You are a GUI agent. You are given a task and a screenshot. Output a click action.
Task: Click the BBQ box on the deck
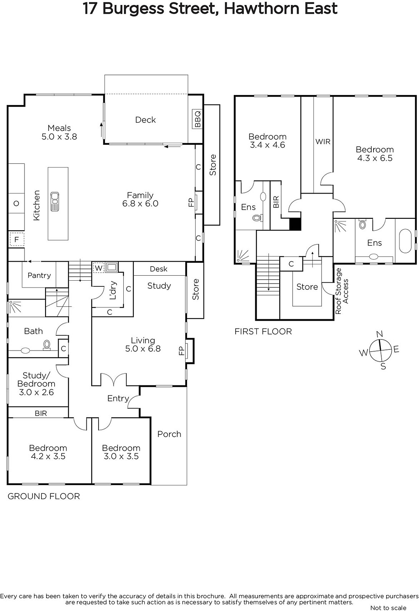197,119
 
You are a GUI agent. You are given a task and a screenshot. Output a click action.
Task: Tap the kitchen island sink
55,201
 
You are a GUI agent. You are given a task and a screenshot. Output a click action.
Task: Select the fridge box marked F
17,239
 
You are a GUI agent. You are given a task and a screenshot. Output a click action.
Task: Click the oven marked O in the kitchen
16,203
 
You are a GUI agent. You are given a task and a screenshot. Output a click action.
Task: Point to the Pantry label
39,275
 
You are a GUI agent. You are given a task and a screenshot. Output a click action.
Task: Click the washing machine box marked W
99,268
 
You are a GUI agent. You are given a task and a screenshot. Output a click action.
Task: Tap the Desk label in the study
159,269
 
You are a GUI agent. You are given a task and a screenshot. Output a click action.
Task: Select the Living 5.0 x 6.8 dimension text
143,348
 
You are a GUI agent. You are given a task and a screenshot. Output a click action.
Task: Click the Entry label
118,399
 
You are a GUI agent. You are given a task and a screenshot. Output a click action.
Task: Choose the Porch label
169,434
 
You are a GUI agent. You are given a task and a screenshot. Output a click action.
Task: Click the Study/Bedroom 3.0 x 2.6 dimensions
36,392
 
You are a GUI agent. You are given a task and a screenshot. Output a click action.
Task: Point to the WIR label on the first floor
323,142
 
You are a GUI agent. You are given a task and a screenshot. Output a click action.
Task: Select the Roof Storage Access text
342,291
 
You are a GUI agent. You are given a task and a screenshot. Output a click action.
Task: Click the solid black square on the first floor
295,224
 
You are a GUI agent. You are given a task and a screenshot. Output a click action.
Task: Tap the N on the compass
379,334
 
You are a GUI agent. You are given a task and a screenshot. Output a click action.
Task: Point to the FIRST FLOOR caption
263,331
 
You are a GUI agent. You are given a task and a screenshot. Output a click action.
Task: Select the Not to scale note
388,608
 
